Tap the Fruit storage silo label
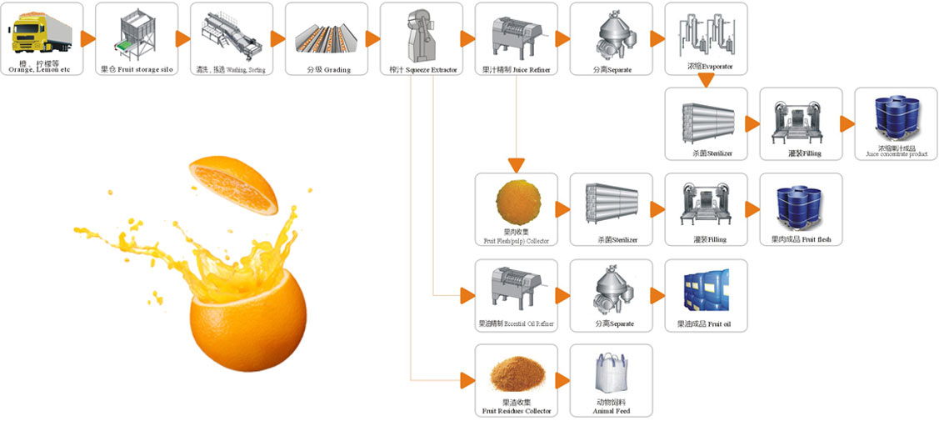(x=137, y=70)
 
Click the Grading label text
(x=326, y=70)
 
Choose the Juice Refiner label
(x=516, y=70)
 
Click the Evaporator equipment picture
(x=705, y=33)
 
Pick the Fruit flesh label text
(x=801, y=240)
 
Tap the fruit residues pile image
(x=517, y=375)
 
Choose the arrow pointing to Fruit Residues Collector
(x=467, y=380)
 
